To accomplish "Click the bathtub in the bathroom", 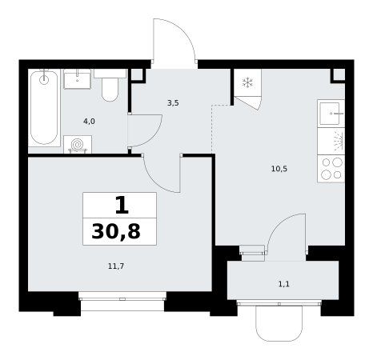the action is coord(44,108).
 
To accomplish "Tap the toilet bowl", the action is coord(110,86).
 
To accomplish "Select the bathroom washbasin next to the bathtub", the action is coord(78,79).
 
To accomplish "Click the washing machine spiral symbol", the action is coord(78,145).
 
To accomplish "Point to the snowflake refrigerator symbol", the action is coord(247,82).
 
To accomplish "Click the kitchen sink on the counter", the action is coord(331,114).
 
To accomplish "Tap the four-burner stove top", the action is coord(331,169).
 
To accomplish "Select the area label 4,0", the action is coord(89,122).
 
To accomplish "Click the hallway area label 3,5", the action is coord(173,103).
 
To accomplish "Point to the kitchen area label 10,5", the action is coord(279,169).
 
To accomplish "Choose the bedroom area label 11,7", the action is coord(116,266).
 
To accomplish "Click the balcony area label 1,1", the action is coord(284,284).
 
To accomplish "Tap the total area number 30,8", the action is coord(116,231).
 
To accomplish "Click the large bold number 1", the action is coord(122,205).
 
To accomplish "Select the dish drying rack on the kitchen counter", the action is coord(331,141).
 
